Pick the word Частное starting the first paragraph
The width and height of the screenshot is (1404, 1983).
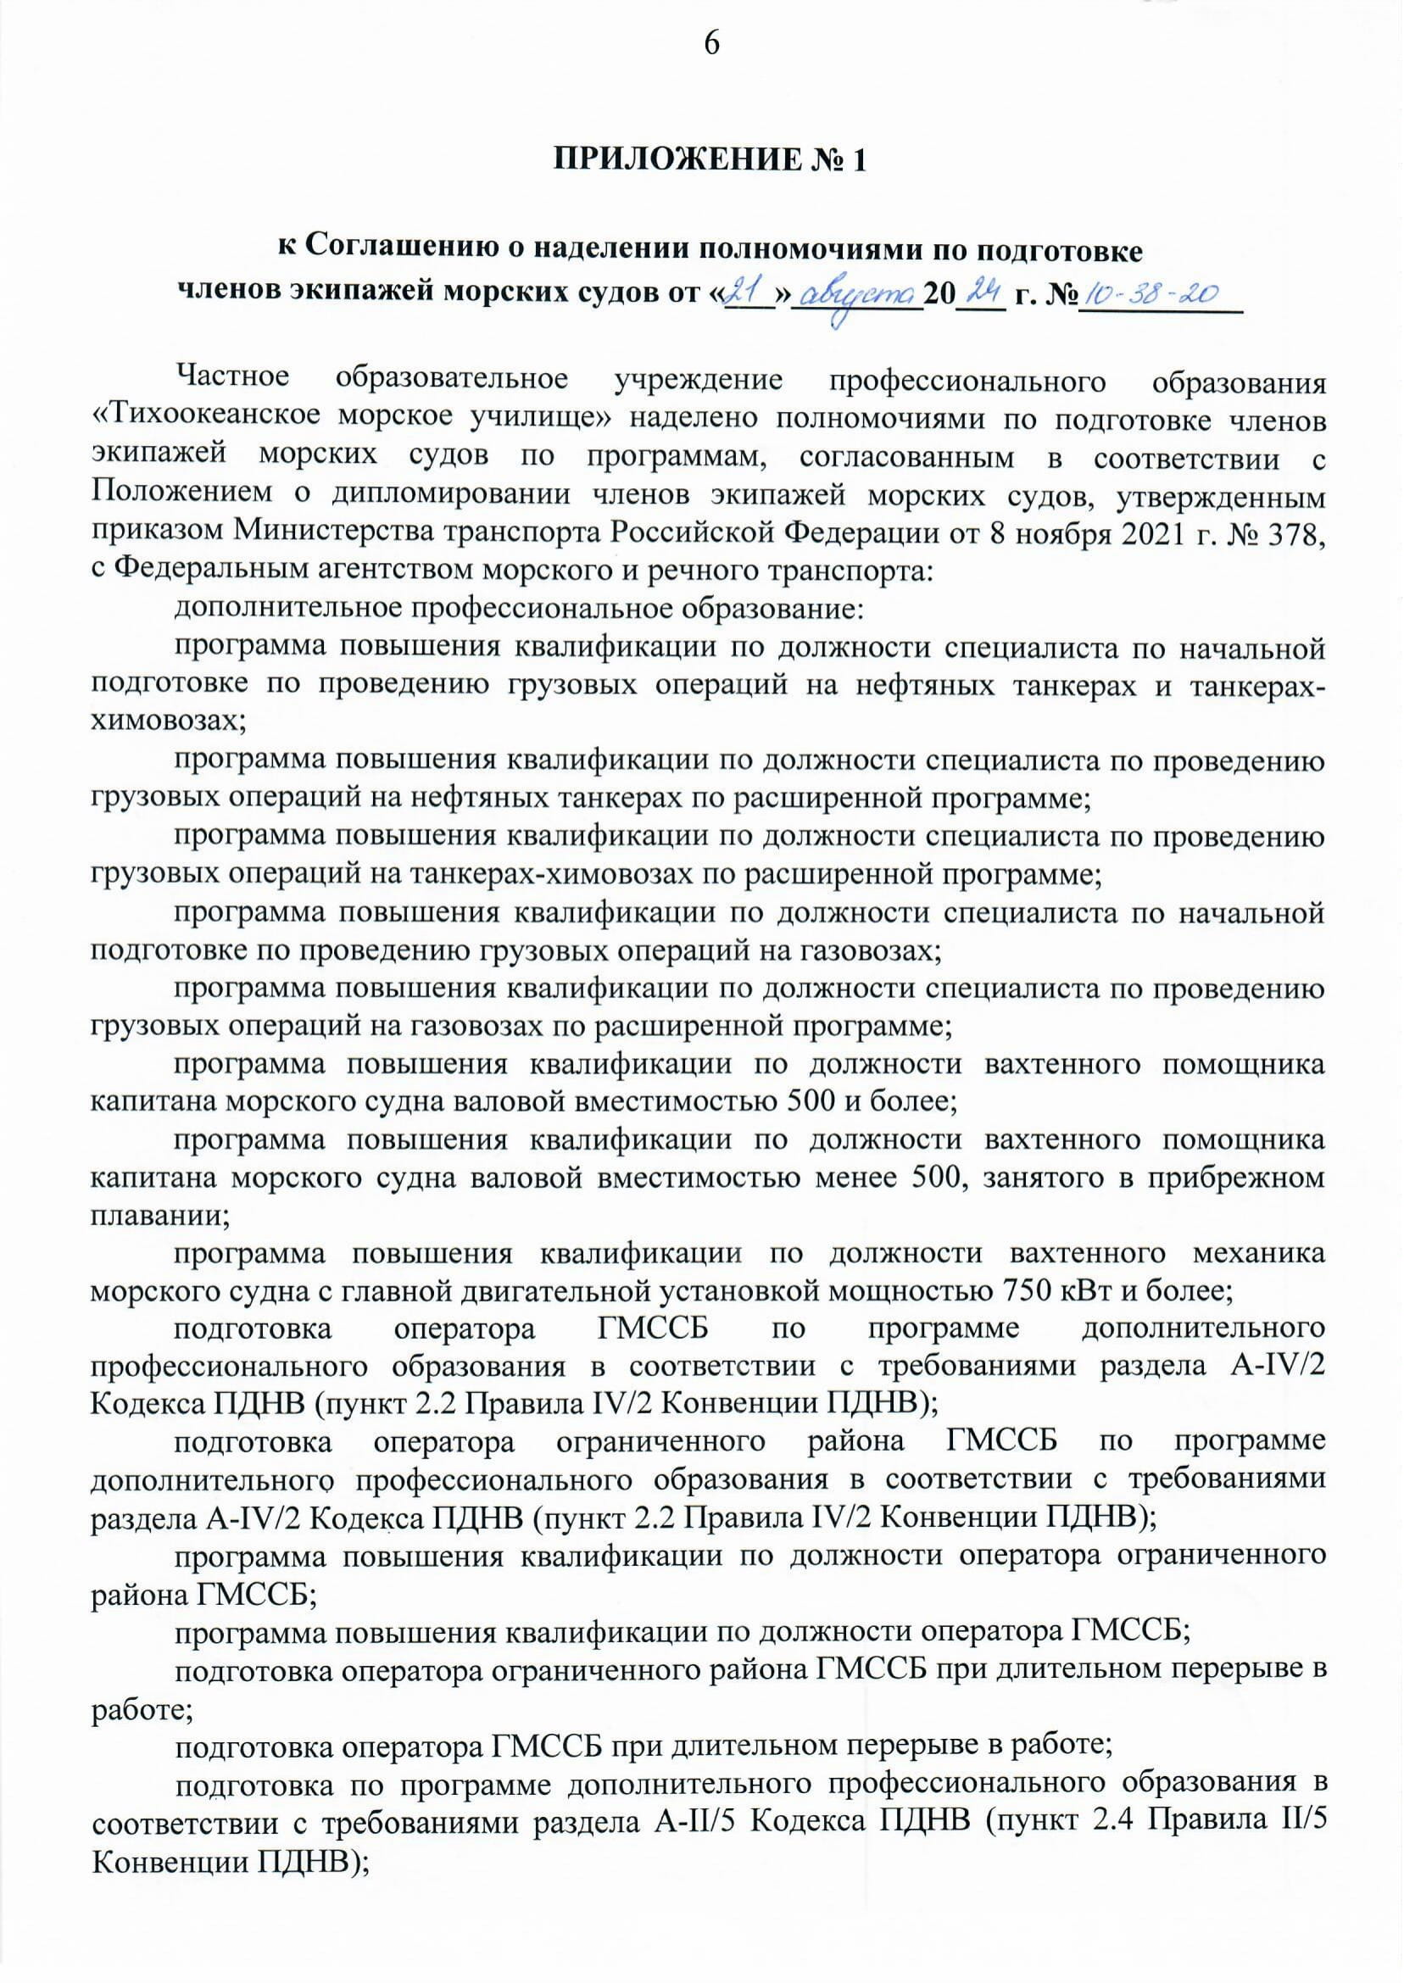232,378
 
